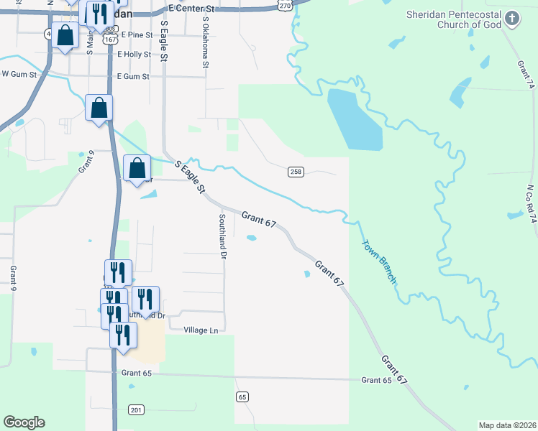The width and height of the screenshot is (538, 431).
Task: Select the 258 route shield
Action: point(296,172)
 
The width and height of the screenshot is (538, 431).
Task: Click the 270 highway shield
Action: point(285,5)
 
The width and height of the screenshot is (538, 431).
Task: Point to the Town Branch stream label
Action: point(378,261)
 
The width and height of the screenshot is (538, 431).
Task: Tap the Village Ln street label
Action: point(201,330)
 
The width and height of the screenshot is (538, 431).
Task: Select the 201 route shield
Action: point(136,409)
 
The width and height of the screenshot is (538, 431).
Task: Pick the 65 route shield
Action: point(242,397)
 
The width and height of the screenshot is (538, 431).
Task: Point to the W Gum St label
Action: point(19,73)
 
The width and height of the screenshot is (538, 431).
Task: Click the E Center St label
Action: point(190,9)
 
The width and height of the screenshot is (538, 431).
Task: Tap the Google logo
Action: point(24,422)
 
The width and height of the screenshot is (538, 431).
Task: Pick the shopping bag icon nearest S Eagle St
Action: point(137,169)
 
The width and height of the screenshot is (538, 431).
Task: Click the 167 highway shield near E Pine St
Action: point(109,40)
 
